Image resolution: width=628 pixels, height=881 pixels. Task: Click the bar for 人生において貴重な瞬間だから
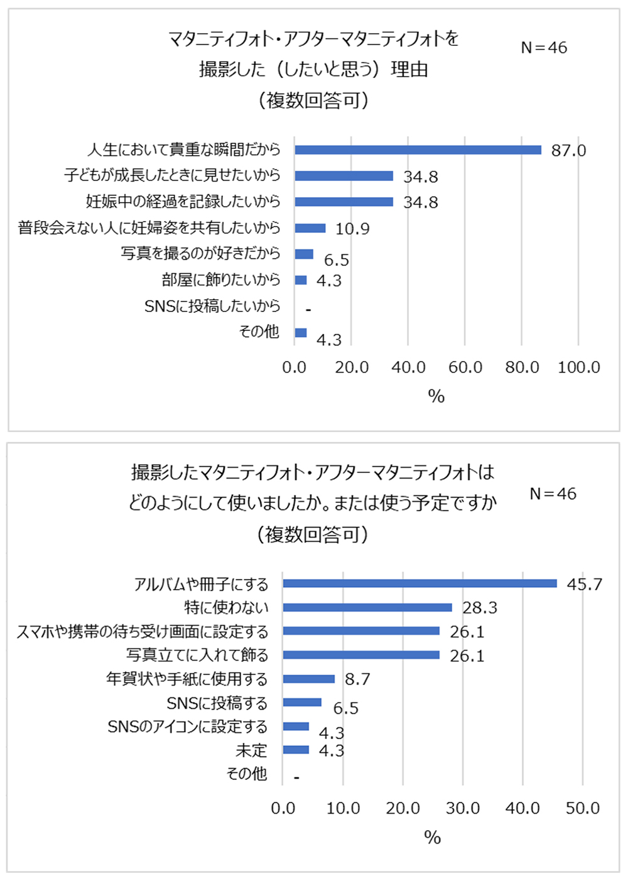click(x=418, y=149)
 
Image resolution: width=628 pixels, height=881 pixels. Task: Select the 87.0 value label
click(x=568, y=151)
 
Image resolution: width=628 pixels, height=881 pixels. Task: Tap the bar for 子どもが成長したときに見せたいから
click(x=344, y=176)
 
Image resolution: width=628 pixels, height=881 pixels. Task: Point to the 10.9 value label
click(x=352, y=229)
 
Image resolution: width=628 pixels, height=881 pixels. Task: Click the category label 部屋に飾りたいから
click(x=220, y=279)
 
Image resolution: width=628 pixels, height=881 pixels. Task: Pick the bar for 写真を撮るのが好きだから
click(x=304, y=254)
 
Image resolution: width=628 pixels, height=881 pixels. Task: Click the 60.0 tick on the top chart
click(x=465, y=367)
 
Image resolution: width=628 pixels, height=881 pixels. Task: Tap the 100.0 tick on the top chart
click(x=579, y=367)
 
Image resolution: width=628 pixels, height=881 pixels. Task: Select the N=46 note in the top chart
click(x=544, y=48)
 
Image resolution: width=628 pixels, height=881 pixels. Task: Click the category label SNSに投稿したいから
click(x=212, y=306)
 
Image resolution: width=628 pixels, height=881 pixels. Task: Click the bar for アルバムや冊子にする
click(x=420, y=583)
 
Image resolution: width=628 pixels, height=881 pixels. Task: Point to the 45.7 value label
click(x=585, y=585)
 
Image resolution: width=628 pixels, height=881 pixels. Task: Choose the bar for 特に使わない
click(x=367, y=607)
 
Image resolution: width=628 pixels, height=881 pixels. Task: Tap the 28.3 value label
click(x=480, y=608)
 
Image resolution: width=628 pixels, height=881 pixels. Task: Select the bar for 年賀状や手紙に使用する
click(x=309, y=679)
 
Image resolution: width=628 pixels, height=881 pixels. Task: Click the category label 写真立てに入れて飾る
click(x=197, y=655)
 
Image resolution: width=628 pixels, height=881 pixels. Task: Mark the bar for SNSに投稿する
click(x=302, y=703)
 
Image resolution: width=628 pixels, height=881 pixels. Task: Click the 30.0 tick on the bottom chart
click(x=463, y=808)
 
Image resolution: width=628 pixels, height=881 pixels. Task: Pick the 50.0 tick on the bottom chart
click(x=583, y=808)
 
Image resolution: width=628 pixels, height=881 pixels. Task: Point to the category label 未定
click(x=252, y=750)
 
